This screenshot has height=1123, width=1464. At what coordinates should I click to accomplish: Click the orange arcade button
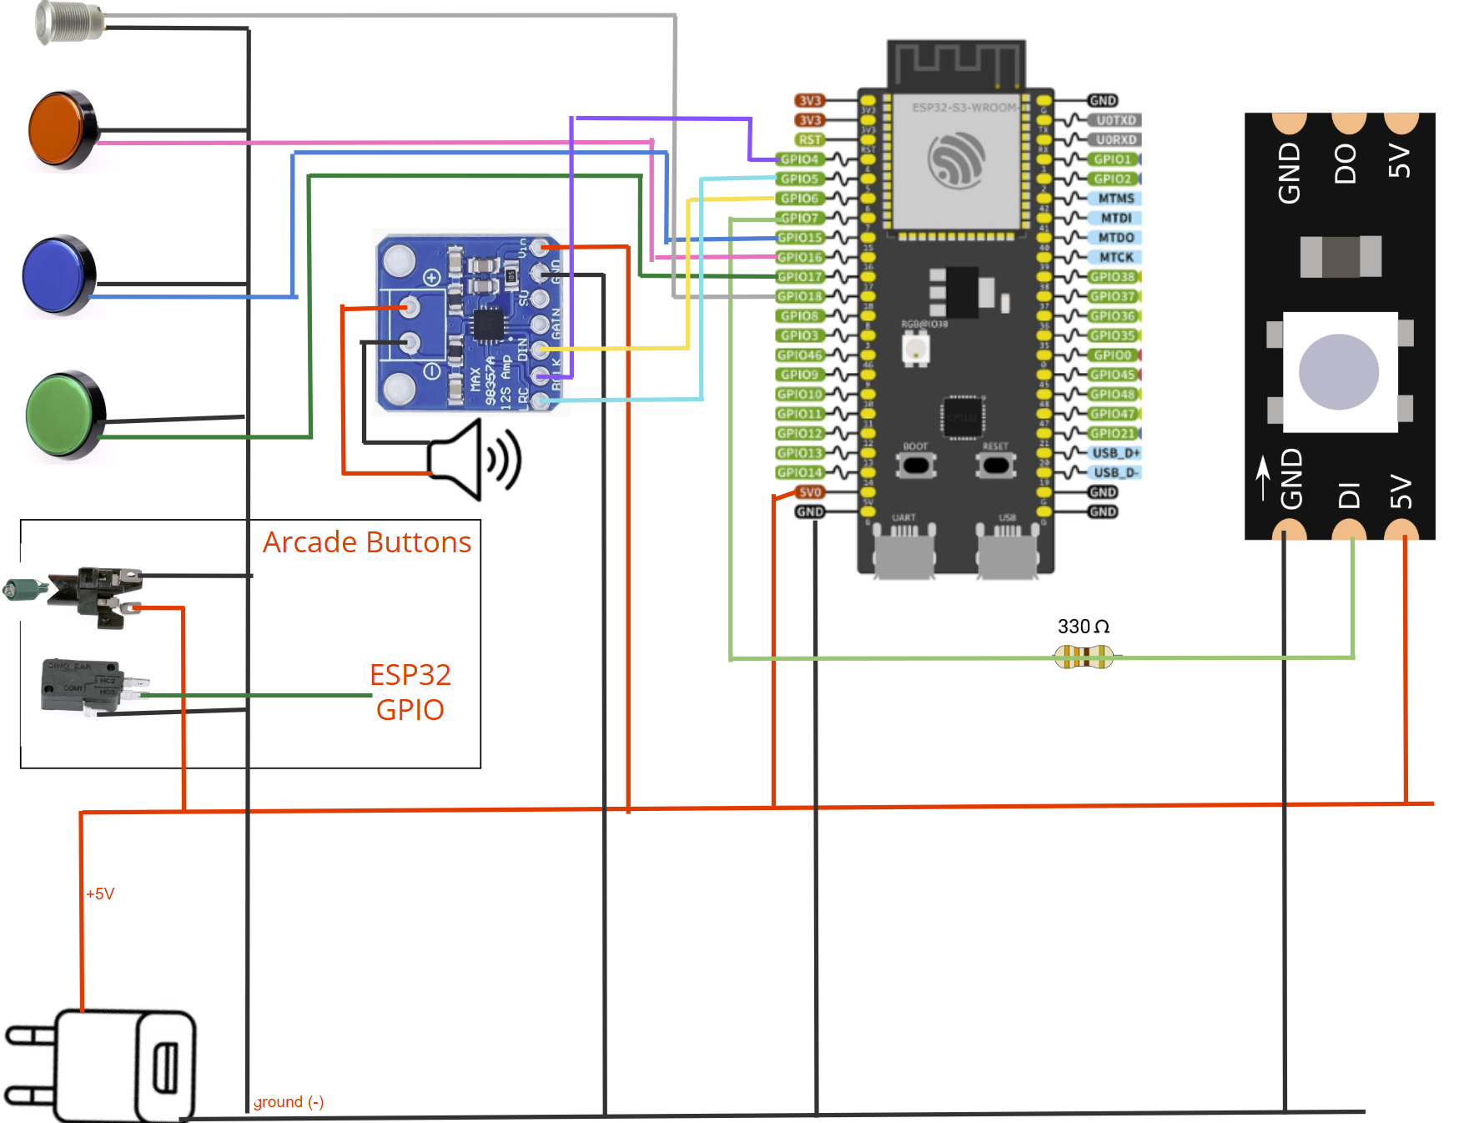click(63, 130)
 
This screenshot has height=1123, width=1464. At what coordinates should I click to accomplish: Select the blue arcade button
click(58, 275)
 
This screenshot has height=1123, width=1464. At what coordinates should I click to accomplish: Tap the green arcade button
click(65, 415)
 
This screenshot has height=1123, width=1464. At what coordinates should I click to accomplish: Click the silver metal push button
click(68, 22)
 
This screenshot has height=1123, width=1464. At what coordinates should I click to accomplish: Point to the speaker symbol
click(474, 460)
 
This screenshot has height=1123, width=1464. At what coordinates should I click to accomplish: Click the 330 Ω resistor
click(1084, 657)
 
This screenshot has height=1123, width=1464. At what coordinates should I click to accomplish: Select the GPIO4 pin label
click(800, 159)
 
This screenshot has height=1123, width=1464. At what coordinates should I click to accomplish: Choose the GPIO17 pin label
click(800, 277)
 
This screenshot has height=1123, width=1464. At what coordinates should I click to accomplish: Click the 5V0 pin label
click(810, 492)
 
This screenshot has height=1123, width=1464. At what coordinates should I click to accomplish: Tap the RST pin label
click(810, 140)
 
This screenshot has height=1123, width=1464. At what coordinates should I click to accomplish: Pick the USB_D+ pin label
click(1115, 453)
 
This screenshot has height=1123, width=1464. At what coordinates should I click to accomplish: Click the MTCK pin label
click(1116, 257)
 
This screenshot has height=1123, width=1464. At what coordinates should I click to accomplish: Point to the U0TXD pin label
click(1116, 120)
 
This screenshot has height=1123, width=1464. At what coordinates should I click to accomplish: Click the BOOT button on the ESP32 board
click(916, 464)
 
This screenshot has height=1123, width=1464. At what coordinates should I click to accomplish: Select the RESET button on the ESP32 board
click(995, 464)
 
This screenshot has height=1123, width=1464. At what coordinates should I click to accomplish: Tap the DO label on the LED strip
click(1345, 164)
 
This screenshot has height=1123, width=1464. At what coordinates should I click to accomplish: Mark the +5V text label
click(100, 894)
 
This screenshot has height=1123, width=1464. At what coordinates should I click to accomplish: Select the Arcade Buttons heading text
click(367, 542)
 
